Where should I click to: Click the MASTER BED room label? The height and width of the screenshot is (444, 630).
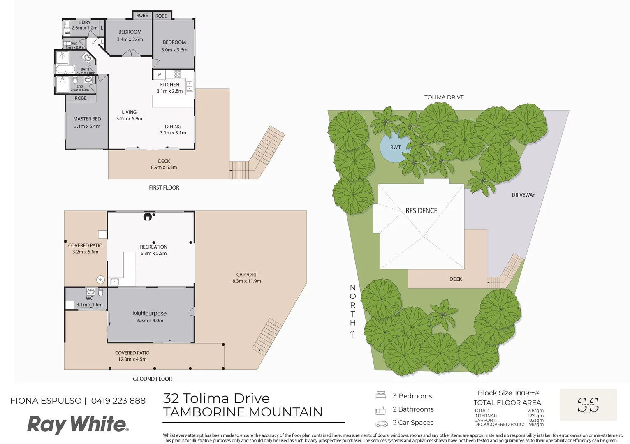click(x=87, y=119)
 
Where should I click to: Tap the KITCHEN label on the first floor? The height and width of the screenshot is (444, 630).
click(x=169, y=85)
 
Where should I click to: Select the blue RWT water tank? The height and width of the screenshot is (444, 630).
click(x=394, y=147)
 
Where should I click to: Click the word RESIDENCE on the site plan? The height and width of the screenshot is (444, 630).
click(x=421, y=210)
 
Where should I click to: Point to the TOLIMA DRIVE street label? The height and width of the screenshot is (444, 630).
click(x=444, y=97)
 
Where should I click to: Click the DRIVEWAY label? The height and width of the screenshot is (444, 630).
click(x=523, y=195)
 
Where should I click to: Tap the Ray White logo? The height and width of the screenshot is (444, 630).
click(x=78, y=424)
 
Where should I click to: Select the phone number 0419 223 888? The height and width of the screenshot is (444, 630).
click(x=118, y=401)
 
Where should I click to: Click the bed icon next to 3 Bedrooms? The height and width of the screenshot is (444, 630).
click(x=381, y=396)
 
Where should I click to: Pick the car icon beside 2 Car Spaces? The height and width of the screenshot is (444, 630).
click(x=381, y=423)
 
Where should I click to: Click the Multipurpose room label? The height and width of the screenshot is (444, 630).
click(x=150, y=313)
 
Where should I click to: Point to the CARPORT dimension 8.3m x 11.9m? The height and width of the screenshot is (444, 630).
click(x=246, y=281)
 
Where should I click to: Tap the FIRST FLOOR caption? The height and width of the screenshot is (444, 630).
click(x=164, y=187)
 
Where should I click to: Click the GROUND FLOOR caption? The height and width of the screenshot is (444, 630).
click(x=152, y=379)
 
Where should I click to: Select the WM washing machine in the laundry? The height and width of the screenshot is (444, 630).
click(x=67, y=32)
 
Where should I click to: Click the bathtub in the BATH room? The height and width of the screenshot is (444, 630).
click(x=65, y=69)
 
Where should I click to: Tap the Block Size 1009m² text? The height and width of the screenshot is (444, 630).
click(x=508, y=393)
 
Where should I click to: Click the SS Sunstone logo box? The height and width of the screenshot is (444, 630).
click(x=588, y=405)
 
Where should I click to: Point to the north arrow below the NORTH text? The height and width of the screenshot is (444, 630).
click(x=352, y=334)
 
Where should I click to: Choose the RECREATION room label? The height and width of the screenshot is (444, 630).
click(x=153, y=247)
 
